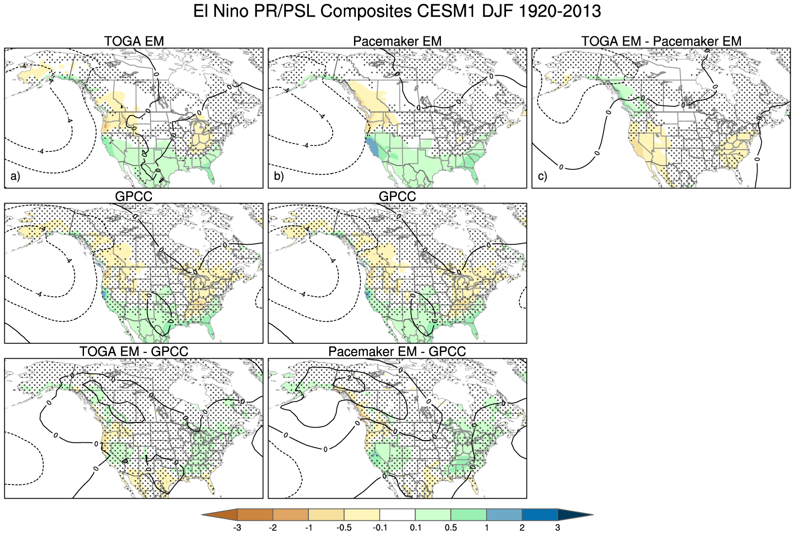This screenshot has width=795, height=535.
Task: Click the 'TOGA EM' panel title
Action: tap(134, 41)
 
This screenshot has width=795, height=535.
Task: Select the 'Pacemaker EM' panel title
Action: tap(397, 41)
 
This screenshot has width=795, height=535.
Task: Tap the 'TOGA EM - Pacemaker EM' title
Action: tap(661, 41)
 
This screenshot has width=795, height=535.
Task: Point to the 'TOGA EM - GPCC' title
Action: tap(134, 351)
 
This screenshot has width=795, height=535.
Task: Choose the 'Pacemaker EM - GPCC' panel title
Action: tap(397, 351)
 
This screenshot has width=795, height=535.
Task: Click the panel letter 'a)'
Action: tap(15, 176)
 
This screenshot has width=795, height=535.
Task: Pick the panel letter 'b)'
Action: tap(279, 176)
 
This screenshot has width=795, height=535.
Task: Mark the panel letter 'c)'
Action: tap(542, 176)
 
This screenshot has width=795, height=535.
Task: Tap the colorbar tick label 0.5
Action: tap(451, 528)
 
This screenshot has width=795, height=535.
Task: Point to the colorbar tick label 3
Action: tap(558, 528)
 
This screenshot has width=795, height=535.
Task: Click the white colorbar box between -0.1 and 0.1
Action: tap(397, 515)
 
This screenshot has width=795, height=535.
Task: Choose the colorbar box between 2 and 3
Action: tap(540, 515)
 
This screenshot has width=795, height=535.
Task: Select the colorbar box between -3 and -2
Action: tap(255, 515)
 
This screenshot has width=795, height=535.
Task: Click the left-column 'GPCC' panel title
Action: tap(134, 197)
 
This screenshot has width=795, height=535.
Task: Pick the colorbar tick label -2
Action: tap(272, 528)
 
